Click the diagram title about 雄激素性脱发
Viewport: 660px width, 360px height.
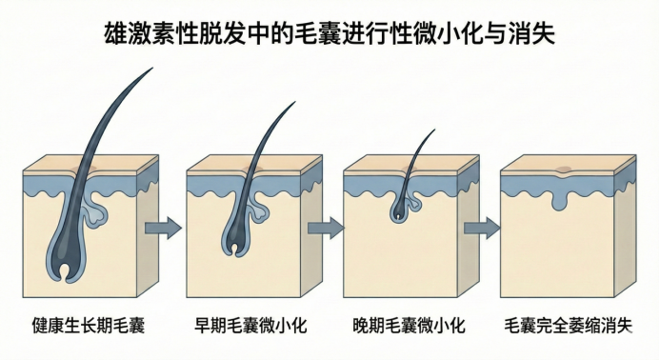(x=330, y=33)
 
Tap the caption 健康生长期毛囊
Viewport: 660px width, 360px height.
(x=89, y=326)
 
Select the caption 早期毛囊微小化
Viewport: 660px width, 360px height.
(x=250, y=326)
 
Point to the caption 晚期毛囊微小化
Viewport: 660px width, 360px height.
(x=410, y=326)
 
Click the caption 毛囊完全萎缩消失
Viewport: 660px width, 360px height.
(x=569, y=326)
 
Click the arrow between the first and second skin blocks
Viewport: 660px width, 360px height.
(x=163, y=228)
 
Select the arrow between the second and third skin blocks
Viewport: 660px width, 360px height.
(x=326, y=228)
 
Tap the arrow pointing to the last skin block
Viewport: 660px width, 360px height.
(x=482, y=228)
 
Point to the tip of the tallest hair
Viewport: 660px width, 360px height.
(x=152, y=68)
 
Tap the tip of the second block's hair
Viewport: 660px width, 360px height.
(x=295, y=102)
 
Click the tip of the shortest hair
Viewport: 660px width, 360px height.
(x=434, y=130)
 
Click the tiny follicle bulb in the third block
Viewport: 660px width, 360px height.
(x=398, y=213)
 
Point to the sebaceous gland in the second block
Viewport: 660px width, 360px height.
(x=258, y=209)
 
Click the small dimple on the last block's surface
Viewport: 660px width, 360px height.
(x=563, y=170)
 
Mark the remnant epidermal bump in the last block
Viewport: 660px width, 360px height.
(x=558, y=201)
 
